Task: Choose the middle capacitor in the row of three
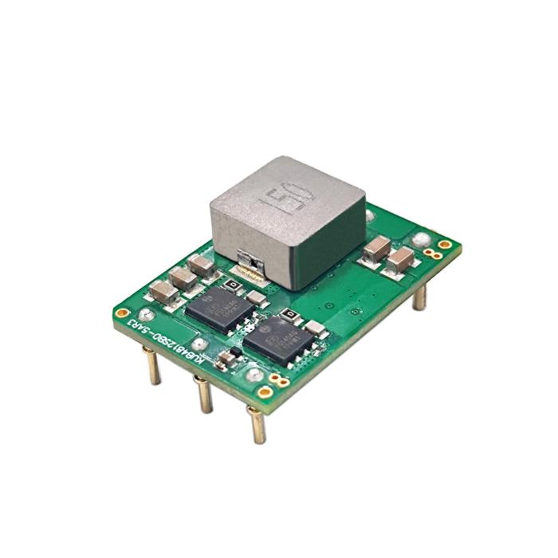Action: click(183, 277)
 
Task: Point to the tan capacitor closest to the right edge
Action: click(400, 259)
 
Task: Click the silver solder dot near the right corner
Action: click(420, 238)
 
